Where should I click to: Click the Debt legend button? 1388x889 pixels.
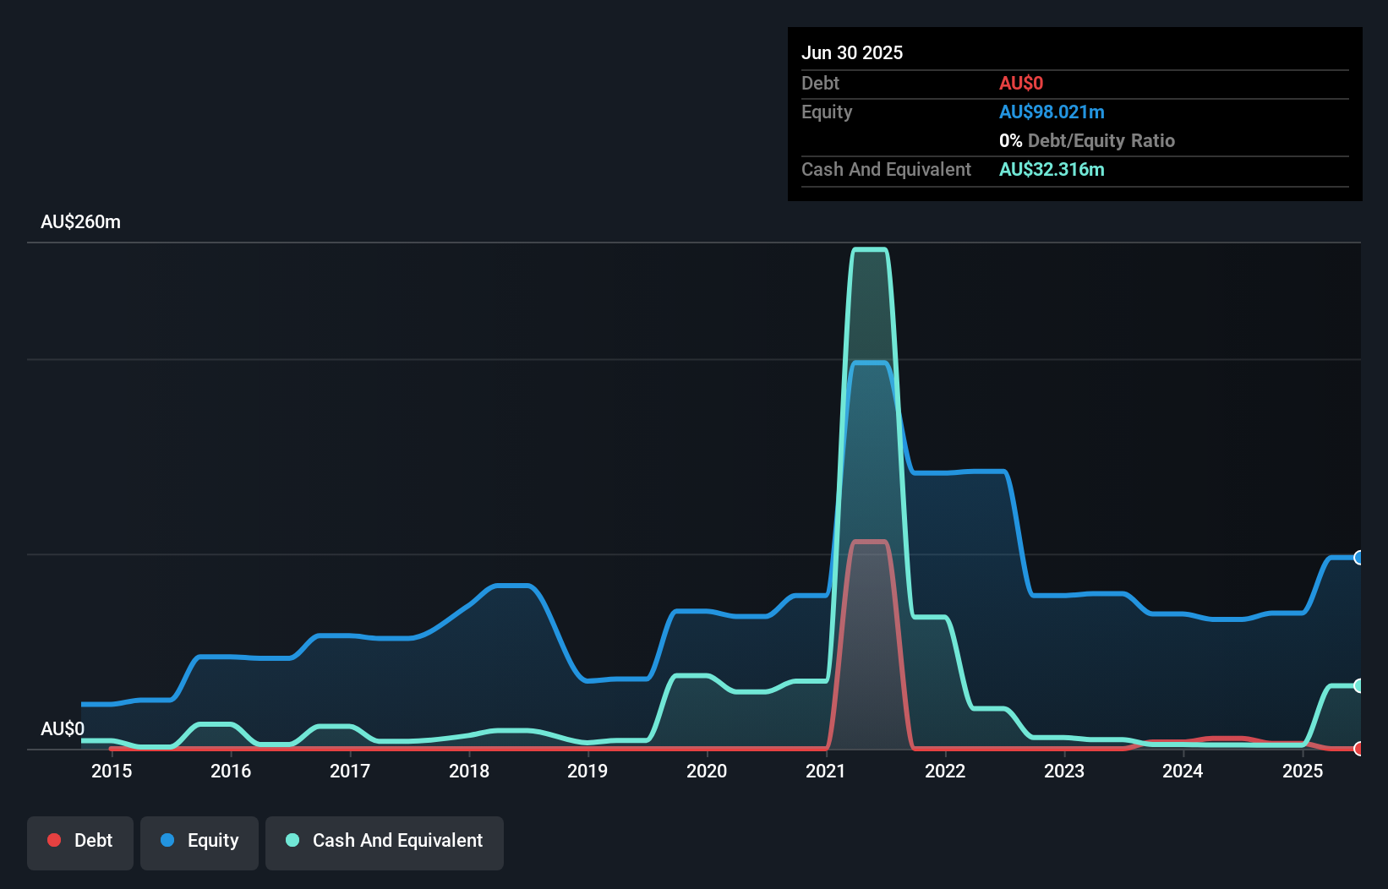click(x=79, y=841)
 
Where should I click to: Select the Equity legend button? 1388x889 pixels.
click(x=199, y=841)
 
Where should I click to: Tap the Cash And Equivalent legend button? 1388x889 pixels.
click(x=384, y=841)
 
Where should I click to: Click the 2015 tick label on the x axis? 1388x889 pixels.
click(x=112, y=771)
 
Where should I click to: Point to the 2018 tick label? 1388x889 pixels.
click(x=468, y=771)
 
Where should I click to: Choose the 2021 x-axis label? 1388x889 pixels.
click(x=825, y=771)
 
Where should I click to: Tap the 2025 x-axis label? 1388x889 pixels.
click(x=1302, y=771)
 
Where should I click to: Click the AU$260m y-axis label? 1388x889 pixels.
click(x=80, y=222)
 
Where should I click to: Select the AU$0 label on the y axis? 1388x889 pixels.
click(x=63, y=728)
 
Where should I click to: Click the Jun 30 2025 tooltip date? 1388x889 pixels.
click(x=852, y=53)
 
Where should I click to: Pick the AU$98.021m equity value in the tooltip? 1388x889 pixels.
click(x=1052, y=112)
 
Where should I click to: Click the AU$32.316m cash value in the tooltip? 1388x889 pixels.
click(x=1052, y=170)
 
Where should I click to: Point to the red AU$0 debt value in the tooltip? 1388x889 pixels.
click(x=1021, y=84)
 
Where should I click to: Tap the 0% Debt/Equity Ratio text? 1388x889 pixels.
click(x=1087, y=141)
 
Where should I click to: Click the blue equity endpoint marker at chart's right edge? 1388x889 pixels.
click(x=1358, y=558)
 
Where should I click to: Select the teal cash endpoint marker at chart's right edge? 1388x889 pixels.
click(x=1358, y=685)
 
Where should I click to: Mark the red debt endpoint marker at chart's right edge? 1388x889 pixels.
click(x=1358, y=749)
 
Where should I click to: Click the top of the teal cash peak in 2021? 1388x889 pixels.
click(x=870, y=249)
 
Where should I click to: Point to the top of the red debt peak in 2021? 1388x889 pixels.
click(x=870, y=542)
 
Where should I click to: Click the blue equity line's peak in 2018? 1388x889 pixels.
click(x=511, y=586)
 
